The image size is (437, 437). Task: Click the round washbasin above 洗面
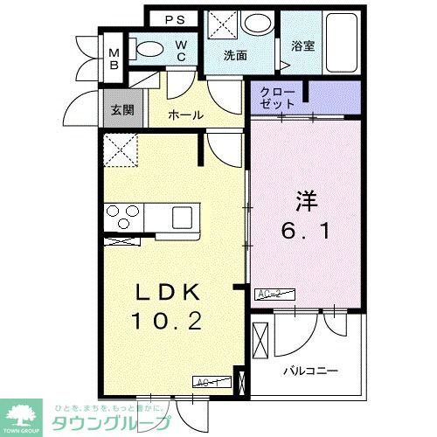257,24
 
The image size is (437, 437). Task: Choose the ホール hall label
186,114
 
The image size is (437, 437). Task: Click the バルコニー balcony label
309,370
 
